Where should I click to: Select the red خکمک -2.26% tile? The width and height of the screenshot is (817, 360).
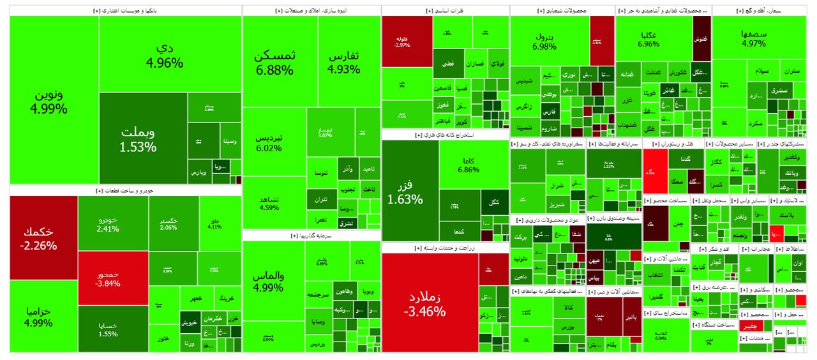(x=43, y=237)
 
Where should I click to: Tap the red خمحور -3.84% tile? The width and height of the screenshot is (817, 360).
(x=112, y=278)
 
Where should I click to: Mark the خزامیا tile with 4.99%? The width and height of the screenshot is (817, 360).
(x=43, y=316)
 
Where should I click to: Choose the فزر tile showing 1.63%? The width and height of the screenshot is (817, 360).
(x=410, y=191)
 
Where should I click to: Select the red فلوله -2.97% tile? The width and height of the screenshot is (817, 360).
(x=407, y=41)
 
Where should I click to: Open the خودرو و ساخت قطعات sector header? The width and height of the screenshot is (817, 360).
(x=125, y=190)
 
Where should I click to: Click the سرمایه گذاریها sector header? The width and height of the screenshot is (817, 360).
(x=311, y=236)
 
